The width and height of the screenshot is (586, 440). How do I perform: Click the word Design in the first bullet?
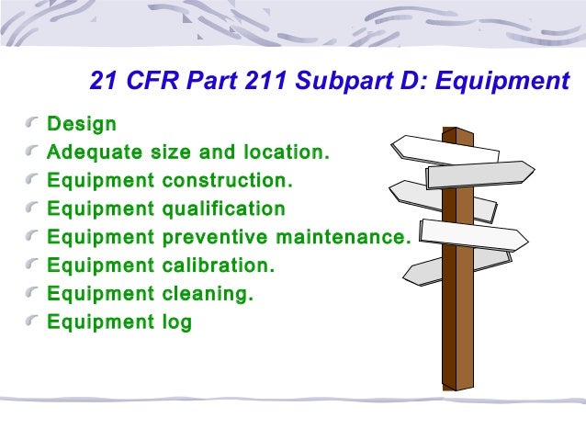(82, 124)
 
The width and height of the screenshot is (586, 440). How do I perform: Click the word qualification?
(223, 209)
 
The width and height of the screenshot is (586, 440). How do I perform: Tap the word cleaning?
(207, 295)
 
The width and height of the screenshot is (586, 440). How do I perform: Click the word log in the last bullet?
(177, 323)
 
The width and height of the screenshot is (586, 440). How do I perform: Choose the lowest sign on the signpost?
(432, 268)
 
